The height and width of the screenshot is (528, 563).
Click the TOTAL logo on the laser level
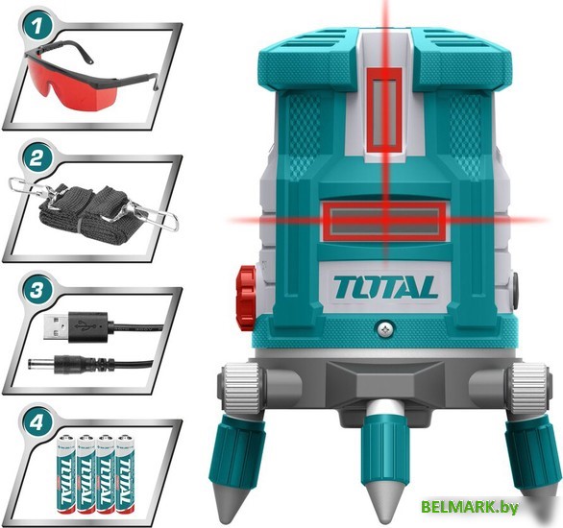[385, 285]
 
